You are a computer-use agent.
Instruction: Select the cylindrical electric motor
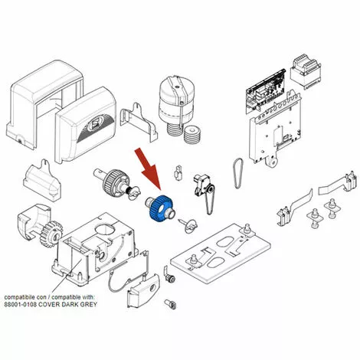tap(176, 105)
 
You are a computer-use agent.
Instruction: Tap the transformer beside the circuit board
tap(306, 70)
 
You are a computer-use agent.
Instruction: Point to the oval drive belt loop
tap(238, 173)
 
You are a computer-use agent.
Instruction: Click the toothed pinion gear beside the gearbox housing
tap(51, 234)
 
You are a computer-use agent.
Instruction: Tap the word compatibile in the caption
tap(18, 297)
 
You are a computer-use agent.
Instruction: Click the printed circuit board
tap(266, 90)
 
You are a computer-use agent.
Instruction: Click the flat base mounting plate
tap(221, 252)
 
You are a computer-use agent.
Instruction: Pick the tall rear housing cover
tap(44, 104)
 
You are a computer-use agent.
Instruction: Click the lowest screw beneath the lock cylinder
tap(171, 303)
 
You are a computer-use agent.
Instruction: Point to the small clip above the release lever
tap(178, 173)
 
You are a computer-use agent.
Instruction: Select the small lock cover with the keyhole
tap(143, 290)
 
